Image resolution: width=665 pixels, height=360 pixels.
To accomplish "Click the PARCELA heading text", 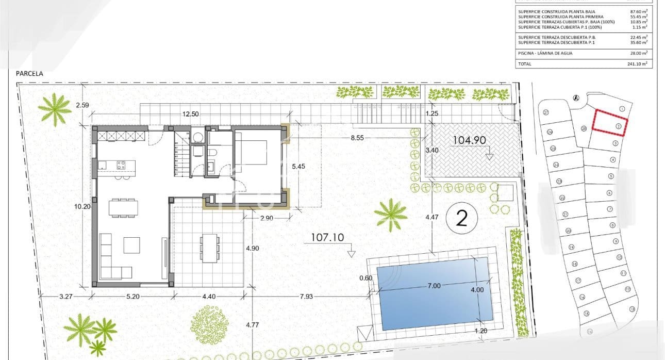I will point(30,74).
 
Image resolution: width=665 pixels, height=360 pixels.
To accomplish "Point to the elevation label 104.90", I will point(469,140).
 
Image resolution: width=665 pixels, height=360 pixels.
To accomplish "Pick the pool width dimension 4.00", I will point(477,289).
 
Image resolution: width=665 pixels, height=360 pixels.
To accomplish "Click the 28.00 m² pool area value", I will point(640,53).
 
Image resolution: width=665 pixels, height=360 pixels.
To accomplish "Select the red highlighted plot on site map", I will point(610,123).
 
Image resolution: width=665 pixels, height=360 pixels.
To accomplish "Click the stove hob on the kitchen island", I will point(122,165).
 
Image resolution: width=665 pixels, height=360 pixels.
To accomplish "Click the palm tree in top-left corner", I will point(54,109).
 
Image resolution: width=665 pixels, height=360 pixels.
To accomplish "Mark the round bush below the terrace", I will point(209,324).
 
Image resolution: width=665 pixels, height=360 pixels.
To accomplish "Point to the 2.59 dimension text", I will point(82,105).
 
